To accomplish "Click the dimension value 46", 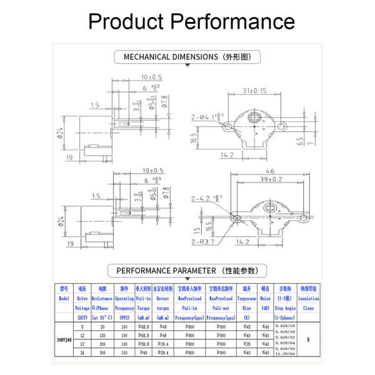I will (270, 170).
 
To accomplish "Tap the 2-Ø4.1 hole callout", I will (207, 116).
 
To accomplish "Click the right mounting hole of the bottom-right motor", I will (306, 217).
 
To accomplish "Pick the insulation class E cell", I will (308, 339).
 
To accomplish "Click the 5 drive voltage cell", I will (82, 326).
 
